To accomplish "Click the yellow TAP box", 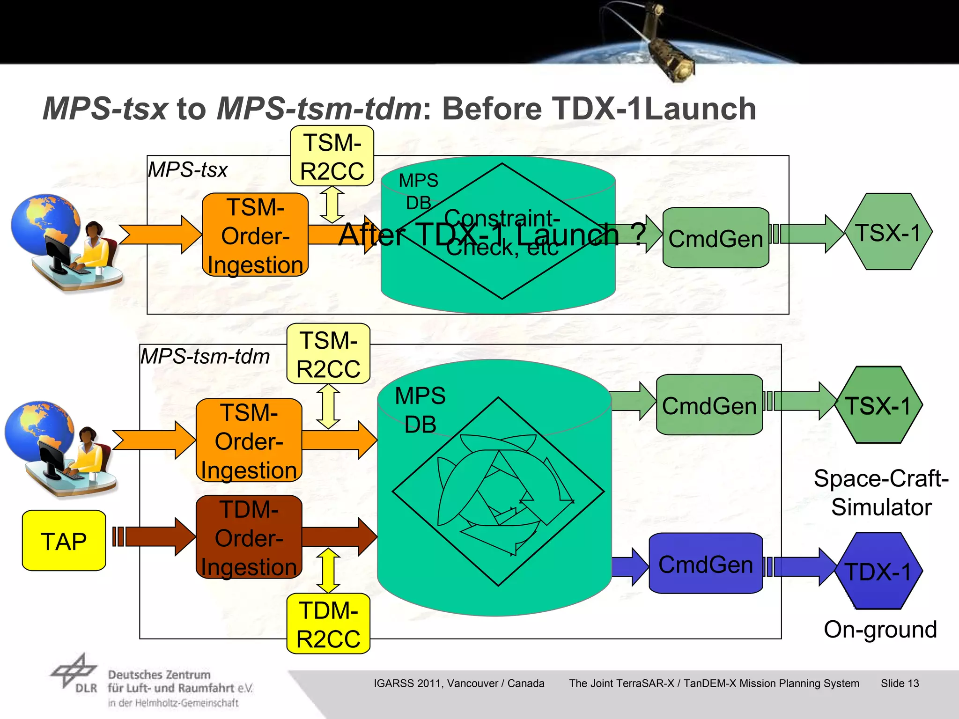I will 64,541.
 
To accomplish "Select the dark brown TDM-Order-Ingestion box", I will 249,537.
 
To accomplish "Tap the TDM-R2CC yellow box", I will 328,624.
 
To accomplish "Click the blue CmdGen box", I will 706,564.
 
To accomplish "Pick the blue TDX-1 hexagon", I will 878,571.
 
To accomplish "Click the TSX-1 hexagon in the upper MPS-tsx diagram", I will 888,232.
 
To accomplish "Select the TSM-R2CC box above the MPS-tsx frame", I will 332,156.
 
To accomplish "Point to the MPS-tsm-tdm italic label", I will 205,357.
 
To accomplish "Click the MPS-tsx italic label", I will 188,169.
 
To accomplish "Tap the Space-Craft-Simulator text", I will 881,492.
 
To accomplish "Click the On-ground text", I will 880,630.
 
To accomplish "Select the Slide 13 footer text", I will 900,683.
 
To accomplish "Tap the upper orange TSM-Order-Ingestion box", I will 255,235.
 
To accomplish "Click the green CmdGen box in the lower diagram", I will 709,405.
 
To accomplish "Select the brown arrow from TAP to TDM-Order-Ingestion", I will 155,536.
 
